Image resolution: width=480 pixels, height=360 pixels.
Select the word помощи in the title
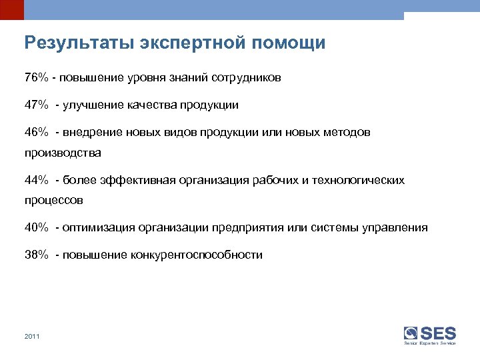289,44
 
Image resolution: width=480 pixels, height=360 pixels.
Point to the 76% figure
36,78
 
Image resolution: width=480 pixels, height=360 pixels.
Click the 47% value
36,105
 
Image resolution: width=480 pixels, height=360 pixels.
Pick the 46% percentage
36,132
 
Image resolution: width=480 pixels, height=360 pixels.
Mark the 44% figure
36,180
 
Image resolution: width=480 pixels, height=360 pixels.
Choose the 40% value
36,228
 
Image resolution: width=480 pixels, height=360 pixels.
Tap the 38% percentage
36,255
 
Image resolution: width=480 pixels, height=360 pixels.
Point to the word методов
347,132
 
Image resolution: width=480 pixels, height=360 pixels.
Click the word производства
63,153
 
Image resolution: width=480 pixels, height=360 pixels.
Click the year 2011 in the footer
31,337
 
